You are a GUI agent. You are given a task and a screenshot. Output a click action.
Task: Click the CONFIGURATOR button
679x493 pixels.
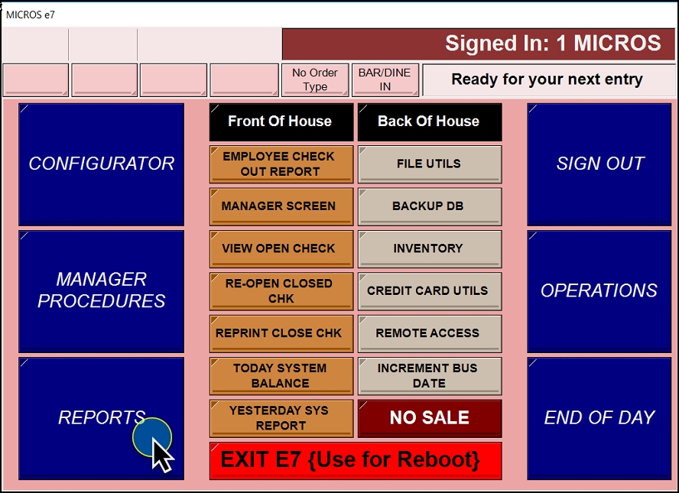102,164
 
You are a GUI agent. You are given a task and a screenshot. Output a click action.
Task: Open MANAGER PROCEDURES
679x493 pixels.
102,291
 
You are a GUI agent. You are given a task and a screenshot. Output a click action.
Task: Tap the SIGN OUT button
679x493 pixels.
599,164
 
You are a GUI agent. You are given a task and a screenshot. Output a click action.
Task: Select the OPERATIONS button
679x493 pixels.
599,291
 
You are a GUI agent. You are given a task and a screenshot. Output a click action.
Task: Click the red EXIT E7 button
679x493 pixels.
356,461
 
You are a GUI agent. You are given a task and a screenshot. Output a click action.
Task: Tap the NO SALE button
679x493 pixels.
430,419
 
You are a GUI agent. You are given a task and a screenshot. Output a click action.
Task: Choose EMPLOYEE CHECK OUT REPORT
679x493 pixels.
281,164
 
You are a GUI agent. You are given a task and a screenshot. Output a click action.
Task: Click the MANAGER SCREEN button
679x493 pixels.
281,206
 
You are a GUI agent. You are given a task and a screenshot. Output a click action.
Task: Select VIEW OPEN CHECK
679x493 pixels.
281,249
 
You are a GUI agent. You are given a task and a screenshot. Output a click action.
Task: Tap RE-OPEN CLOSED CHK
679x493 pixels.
281,291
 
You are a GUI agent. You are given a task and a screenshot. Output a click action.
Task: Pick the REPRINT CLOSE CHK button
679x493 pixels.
281,334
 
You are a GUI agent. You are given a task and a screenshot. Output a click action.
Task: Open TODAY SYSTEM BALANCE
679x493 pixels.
281,376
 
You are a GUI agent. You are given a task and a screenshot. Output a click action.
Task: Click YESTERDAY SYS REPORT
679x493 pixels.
281,419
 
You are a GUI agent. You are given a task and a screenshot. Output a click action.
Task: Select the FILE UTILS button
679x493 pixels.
430,164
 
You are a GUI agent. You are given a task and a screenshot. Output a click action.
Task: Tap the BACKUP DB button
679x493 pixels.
430,206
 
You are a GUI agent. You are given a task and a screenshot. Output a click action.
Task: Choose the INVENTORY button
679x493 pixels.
430,249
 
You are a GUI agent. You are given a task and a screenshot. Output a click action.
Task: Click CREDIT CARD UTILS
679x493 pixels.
430,291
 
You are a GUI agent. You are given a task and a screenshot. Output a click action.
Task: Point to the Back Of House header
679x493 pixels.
430,122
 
